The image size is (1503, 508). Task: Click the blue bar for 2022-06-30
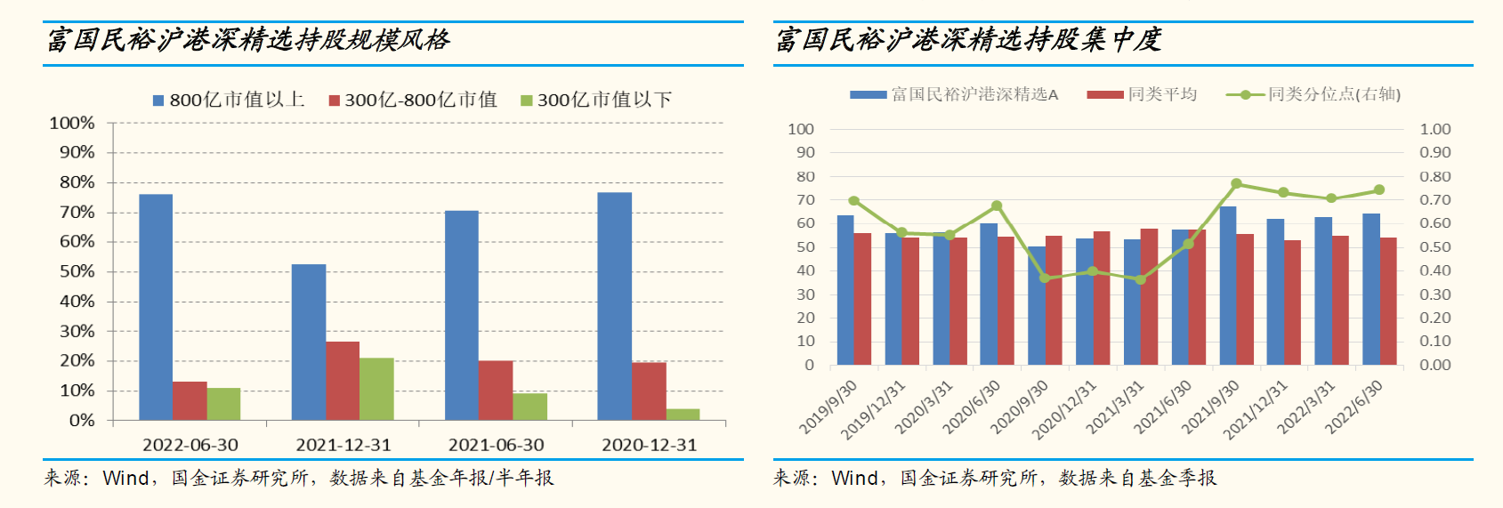156,307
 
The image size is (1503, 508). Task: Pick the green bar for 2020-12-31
683,415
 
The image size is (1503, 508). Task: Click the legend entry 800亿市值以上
230,100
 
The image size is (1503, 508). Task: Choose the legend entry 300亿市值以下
596,100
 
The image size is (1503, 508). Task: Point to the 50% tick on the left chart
77,271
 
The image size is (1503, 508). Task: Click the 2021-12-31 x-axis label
343,445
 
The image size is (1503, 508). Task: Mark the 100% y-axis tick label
72,123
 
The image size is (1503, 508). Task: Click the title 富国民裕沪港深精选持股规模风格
248,40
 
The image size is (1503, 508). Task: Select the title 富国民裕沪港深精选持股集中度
968,40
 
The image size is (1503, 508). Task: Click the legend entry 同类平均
1143,94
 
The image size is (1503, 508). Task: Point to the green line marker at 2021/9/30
1236,184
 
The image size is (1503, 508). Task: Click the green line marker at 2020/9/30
1045,278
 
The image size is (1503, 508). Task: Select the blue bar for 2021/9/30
1228,286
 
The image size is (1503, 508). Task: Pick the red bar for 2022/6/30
1388,301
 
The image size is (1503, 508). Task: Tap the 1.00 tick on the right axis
1434,129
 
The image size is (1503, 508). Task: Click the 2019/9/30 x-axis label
828,407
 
